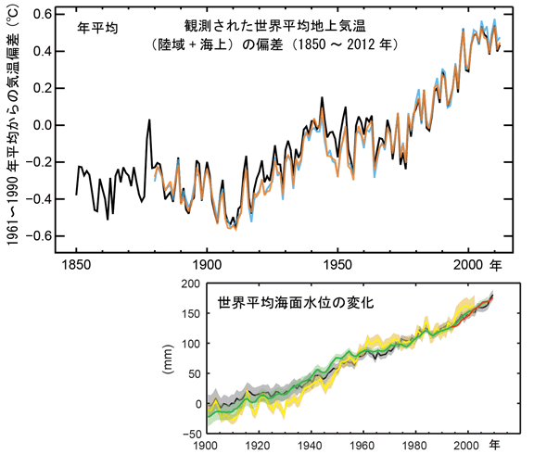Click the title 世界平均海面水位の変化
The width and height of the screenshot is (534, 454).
point(282,302)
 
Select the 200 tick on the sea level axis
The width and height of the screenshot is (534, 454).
point(191,283)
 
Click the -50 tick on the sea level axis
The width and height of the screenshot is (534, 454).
point(191,433)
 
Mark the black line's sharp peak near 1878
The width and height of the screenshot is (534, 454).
point(149,120)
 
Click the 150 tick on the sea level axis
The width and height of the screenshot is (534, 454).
point(191,313)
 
